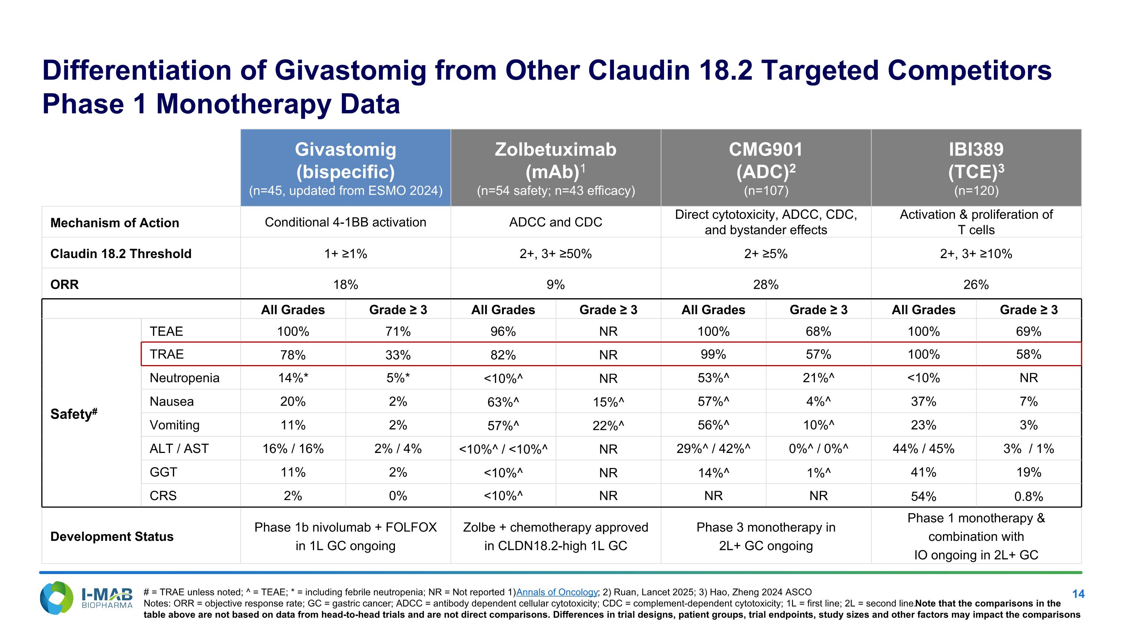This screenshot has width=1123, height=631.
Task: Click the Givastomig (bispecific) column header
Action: point(345,168)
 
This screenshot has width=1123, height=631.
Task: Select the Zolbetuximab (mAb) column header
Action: point(556,168)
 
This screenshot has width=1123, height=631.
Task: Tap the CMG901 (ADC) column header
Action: point(766,168)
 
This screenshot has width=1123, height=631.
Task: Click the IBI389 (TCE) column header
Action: point(976,168)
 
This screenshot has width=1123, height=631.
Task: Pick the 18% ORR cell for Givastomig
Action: point(345,284)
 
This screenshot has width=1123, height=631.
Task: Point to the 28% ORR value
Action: point(766,284)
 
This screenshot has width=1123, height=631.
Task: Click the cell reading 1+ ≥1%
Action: point(345,254)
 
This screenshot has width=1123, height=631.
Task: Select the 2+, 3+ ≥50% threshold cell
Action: point(556,254)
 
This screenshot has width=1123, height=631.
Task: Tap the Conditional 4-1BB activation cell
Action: point(345,222)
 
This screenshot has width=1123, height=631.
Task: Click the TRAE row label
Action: point(167,354)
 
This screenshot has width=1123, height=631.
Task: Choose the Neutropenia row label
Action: point(185,377)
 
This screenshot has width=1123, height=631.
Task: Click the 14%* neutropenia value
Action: point(293,377)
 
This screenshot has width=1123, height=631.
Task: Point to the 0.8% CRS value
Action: point(1028,496)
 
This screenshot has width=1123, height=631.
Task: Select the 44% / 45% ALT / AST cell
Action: point(923,448)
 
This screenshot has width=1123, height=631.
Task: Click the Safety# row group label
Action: point(74,413)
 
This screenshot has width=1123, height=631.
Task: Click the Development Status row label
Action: point(112,536)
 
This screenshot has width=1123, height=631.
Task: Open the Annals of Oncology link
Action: point(557,592)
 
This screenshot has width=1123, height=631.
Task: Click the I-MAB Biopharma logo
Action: point(86,598)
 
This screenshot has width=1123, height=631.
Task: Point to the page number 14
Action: point(1078,594)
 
